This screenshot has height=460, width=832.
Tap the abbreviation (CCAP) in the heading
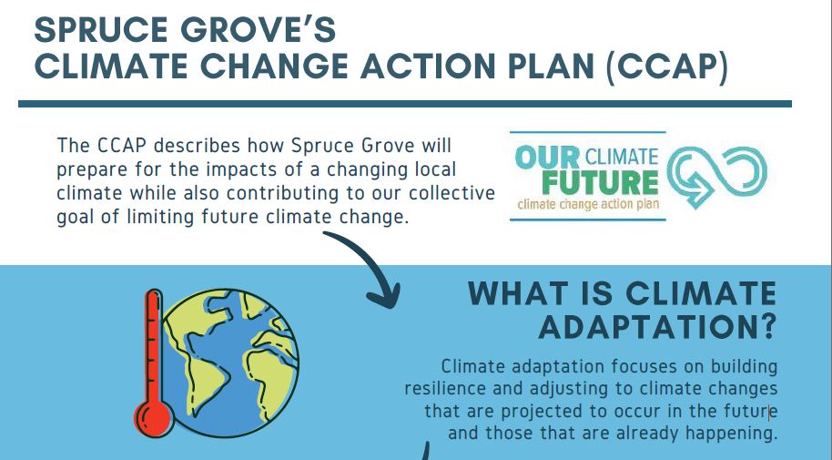(x=667, y=66)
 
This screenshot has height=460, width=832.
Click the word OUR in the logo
(x=547, y=158)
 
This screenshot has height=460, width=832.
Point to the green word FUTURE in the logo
(x=600, y=183)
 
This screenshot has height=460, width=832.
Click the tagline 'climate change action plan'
(x=588, y=204)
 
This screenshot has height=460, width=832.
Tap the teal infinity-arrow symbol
(x=717, y=176)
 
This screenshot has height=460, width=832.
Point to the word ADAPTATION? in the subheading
(x=657, y=327)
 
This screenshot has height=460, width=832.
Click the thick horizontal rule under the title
(x=405, y=104)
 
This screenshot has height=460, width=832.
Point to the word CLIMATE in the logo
(x=622, y=158)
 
